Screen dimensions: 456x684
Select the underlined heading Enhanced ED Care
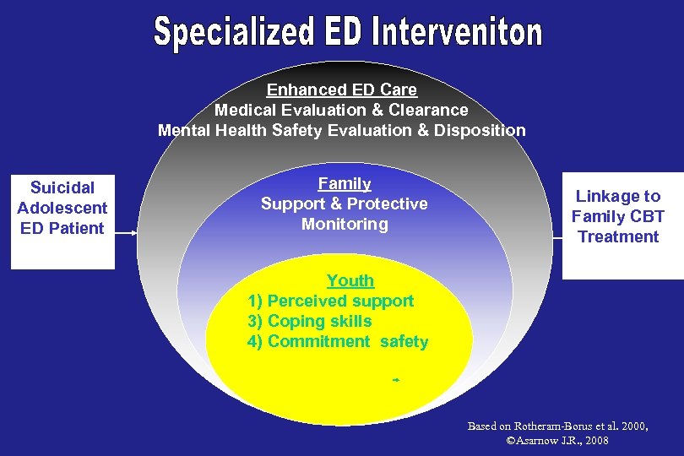[341, 90]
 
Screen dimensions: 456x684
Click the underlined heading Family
[345, 183]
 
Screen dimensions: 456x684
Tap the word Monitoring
[345, 224]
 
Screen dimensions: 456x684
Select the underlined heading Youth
[350, 280]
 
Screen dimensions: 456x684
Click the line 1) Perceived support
[331, 301]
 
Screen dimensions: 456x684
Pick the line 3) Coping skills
[309, 321]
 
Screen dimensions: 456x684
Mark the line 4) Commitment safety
[338, 342]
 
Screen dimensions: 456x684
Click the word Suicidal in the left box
[62, 187]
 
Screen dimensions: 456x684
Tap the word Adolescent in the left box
[62, 208]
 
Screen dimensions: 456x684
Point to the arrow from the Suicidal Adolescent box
[126, 234]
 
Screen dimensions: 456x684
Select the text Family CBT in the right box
[618, 216]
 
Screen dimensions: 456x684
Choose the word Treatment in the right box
[618, 236]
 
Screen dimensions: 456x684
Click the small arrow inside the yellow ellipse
[394, 381]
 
